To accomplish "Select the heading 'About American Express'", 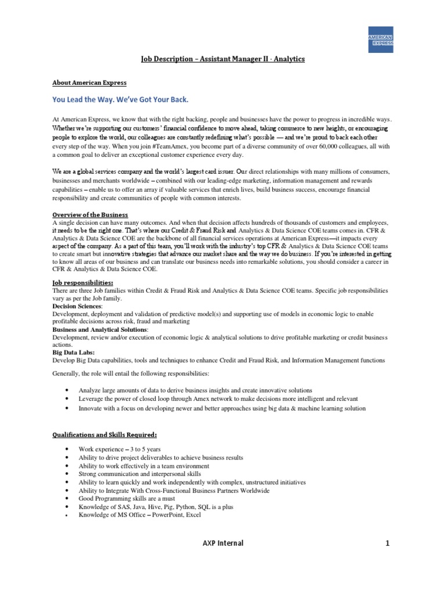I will click(x=89, y=82).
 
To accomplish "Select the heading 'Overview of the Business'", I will click(x=90, y=215).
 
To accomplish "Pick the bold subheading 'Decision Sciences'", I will click(x=77, y=306).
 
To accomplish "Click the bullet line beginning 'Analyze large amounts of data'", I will click(x=195, y=390).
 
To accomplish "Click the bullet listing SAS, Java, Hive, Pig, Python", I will click(x=156, y=507).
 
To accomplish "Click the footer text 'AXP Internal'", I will click(x=222, y=543).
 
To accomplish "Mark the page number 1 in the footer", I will click(x=386, y=543).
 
